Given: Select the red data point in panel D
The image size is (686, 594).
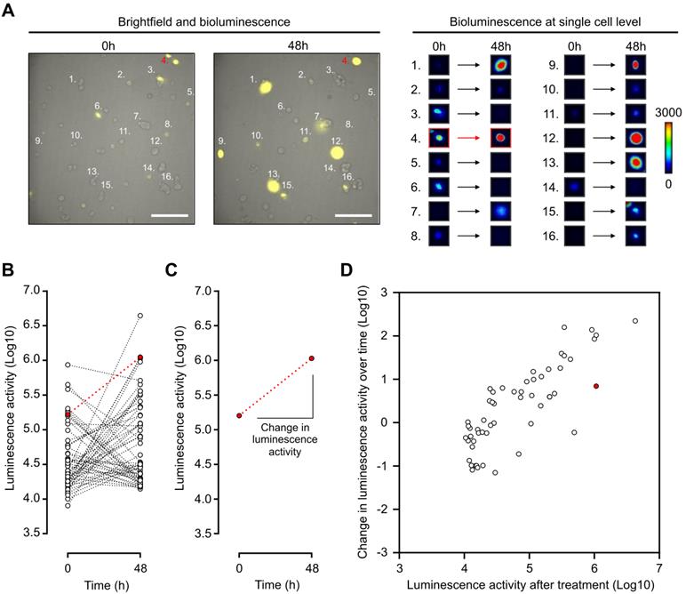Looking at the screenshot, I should pos(596,386).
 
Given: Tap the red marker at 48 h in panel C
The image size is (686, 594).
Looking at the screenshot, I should pos(311,358).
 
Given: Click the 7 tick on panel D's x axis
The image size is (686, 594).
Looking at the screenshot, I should pos(658,566).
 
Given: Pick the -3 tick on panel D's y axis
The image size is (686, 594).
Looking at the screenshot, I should pos(388,552).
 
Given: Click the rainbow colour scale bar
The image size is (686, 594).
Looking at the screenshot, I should pos(669,140).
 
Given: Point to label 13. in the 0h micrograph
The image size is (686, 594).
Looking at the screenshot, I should pos(92,170).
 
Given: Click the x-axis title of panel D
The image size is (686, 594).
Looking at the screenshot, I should pos(529,582).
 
